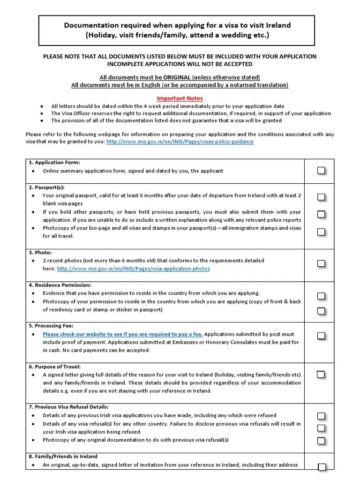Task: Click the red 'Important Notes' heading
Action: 180,98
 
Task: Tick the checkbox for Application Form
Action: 321,171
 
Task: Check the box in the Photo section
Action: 321,263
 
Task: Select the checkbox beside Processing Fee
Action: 321,336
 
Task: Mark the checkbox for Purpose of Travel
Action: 321,374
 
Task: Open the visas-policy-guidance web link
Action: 180,141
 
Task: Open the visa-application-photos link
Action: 133,269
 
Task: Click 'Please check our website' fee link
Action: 123,334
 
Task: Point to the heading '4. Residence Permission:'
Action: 60,285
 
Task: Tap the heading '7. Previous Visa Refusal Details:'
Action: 72,406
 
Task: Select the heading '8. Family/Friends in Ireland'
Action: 63,456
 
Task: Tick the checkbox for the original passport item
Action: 321,197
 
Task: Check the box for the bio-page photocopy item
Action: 321,232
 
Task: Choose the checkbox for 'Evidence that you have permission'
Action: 321,296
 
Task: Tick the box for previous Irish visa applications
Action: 321,416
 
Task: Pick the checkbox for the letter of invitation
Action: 322,466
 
